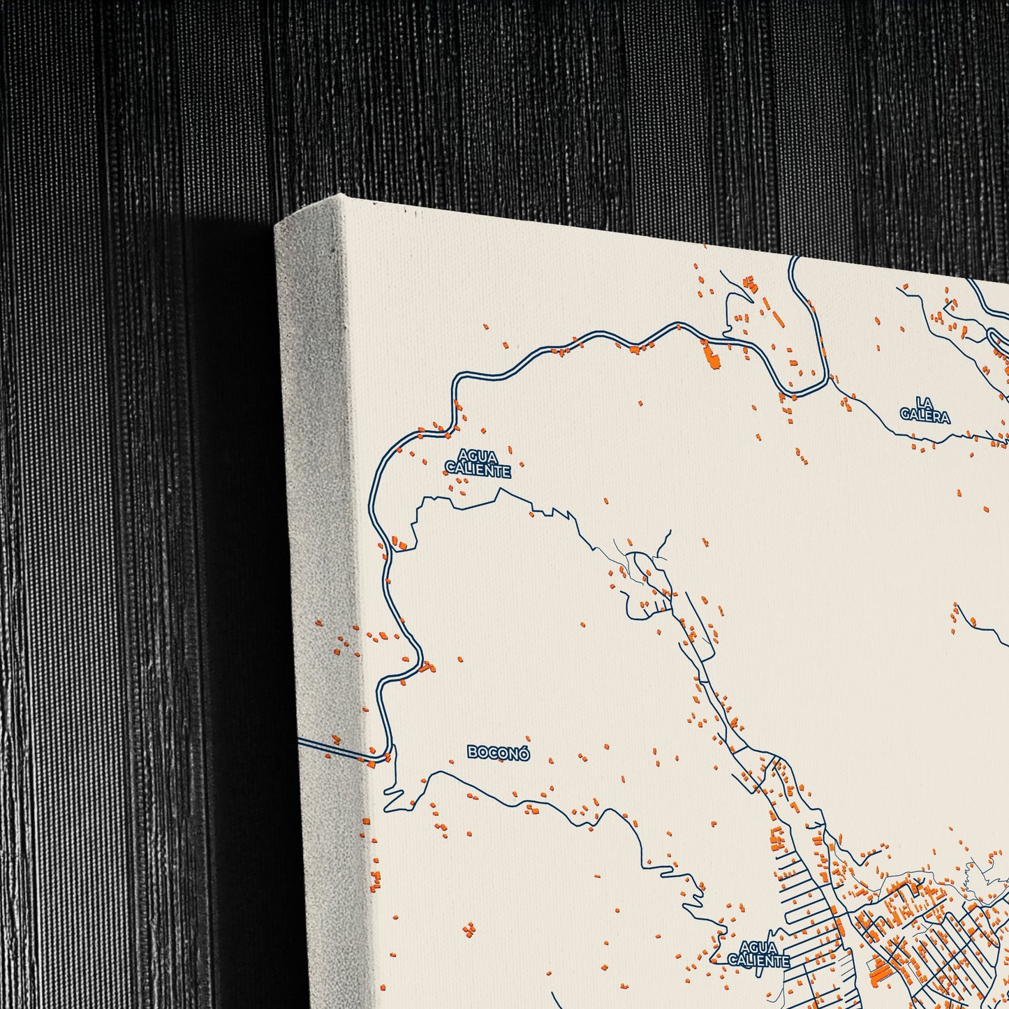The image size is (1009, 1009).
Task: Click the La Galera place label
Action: tap(925, 410)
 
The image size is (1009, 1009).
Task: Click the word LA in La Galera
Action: tap(925, 402)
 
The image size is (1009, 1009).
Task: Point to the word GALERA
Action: tap(925, 417)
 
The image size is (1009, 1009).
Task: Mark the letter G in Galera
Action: tap(905, 417)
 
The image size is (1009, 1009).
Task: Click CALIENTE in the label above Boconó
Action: tap(478, 471)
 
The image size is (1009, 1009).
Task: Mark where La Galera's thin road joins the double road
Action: tap(827, 381)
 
